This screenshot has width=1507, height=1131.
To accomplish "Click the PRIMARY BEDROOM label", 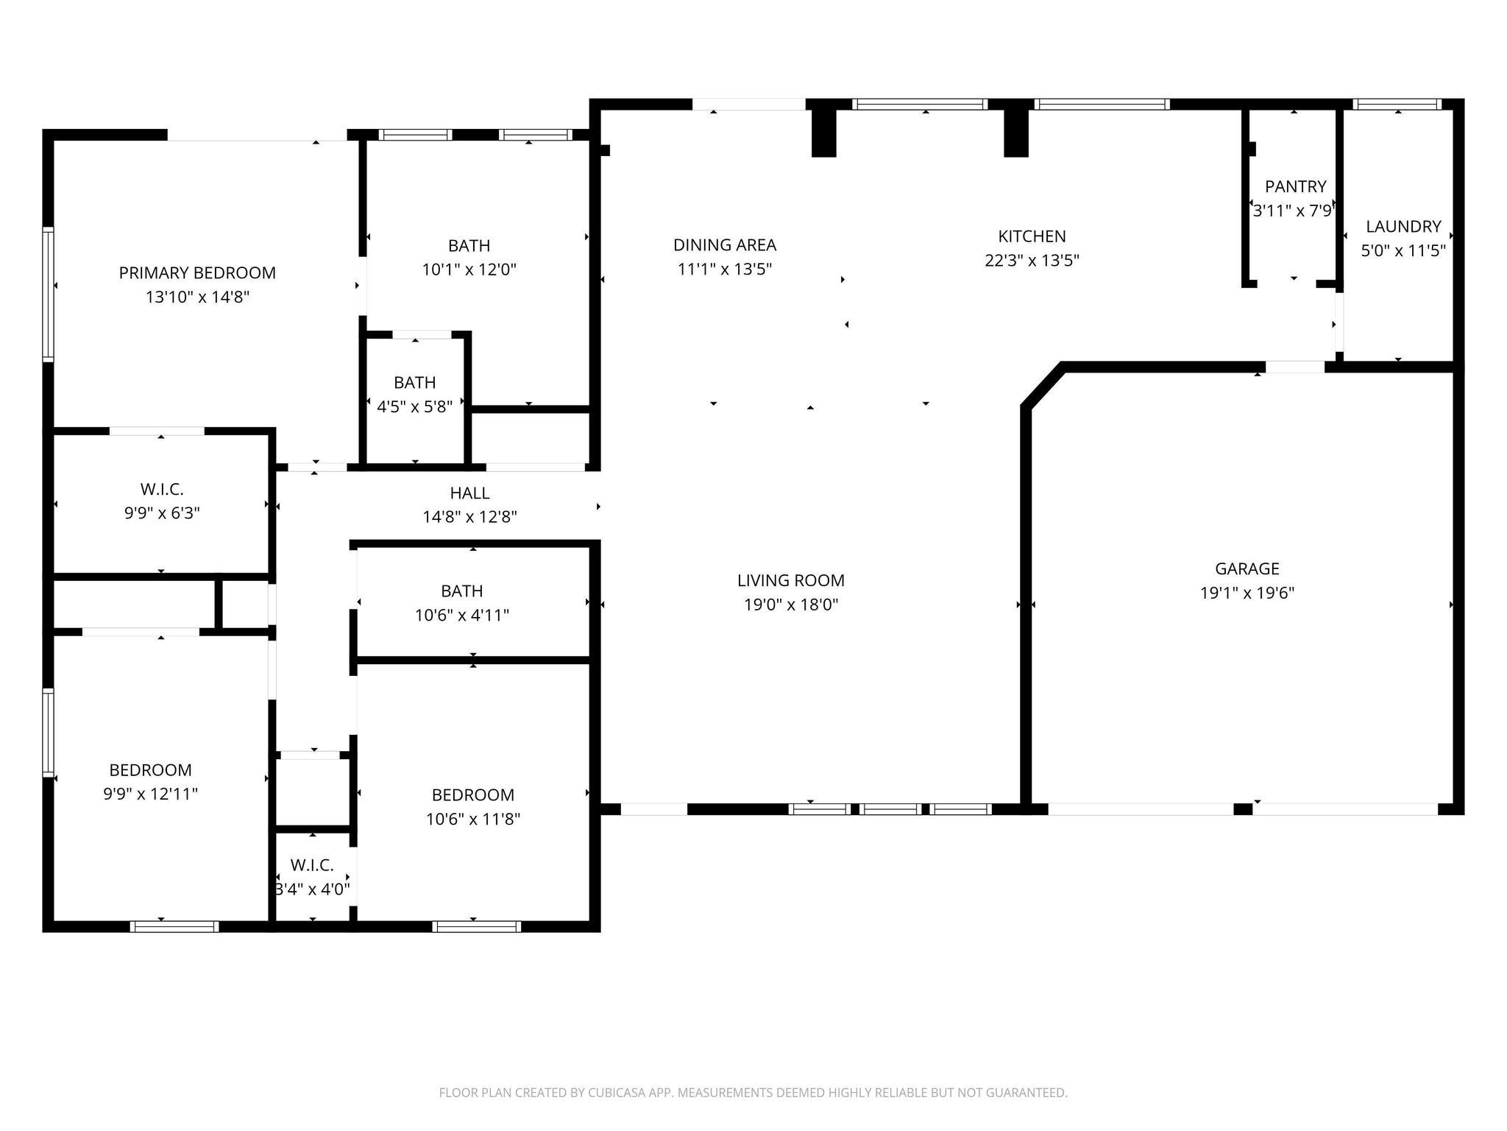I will tap(197, 273).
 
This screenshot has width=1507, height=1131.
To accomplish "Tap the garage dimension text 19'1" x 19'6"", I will tap(1247, 593).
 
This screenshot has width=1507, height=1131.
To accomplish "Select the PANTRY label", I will tap(1295, 187).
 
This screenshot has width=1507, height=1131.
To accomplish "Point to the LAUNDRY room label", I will tap(1403, 227).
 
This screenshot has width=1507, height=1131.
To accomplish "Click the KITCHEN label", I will tap(1032, 236).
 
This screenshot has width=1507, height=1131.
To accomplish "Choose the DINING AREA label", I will tap(724, 245).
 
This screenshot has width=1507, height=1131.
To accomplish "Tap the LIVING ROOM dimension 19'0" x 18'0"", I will tap(790, 605).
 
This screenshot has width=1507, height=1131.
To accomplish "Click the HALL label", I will tap(469, 493).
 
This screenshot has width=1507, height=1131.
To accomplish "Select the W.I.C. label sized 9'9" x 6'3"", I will tap(162, 489).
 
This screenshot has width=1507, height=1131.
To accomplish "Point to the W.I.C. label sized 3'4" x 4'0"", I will tap(312, 865).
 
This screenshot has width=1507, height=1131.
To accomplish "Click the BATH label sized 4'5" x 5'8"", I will tap(414, 383).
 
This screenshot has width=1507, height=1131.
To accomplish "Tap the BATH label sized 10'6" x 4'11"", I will tap(461, 591).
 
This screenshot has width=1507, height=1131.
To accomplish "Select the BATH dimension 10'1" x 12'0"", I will tap(469, 269).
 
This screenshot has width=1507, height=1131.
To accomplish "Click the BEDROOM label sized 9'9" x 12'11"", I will tap(150, 770).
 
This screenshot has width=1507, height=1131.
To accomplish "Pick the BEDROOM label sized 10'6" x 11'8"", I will tap(472, 795).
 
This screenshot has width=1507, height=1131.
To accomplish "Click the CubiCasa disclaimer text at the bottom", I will tap(753, 1093).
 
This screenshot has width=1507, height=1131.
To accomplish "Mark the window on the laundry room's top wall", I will tap(1397, 105).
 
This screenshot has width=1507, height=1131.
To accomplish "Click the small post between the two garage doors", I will tap(1242, 809).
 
